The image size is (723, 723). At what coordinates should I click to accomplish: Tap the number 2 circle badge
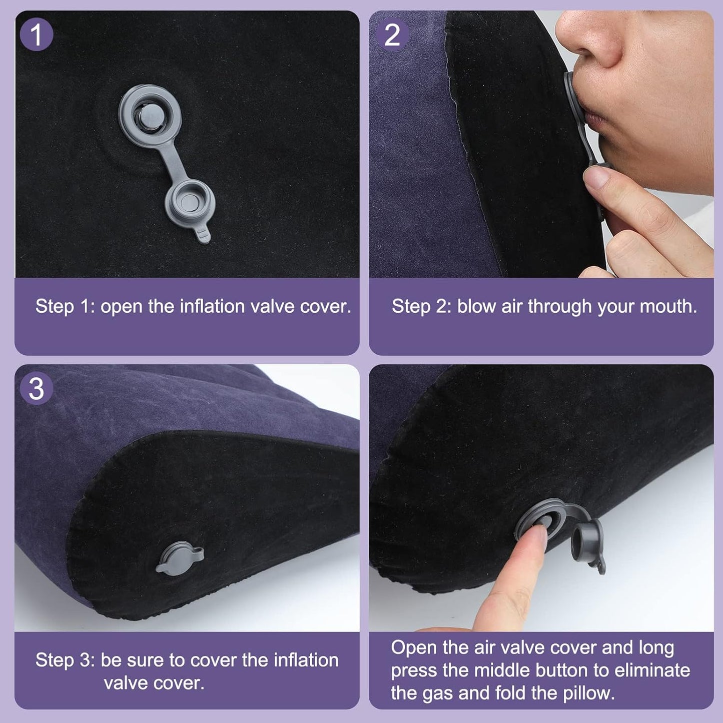coord(392,35)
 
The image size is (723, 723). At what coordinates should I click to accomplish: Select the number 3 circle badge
coord(37,389)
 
